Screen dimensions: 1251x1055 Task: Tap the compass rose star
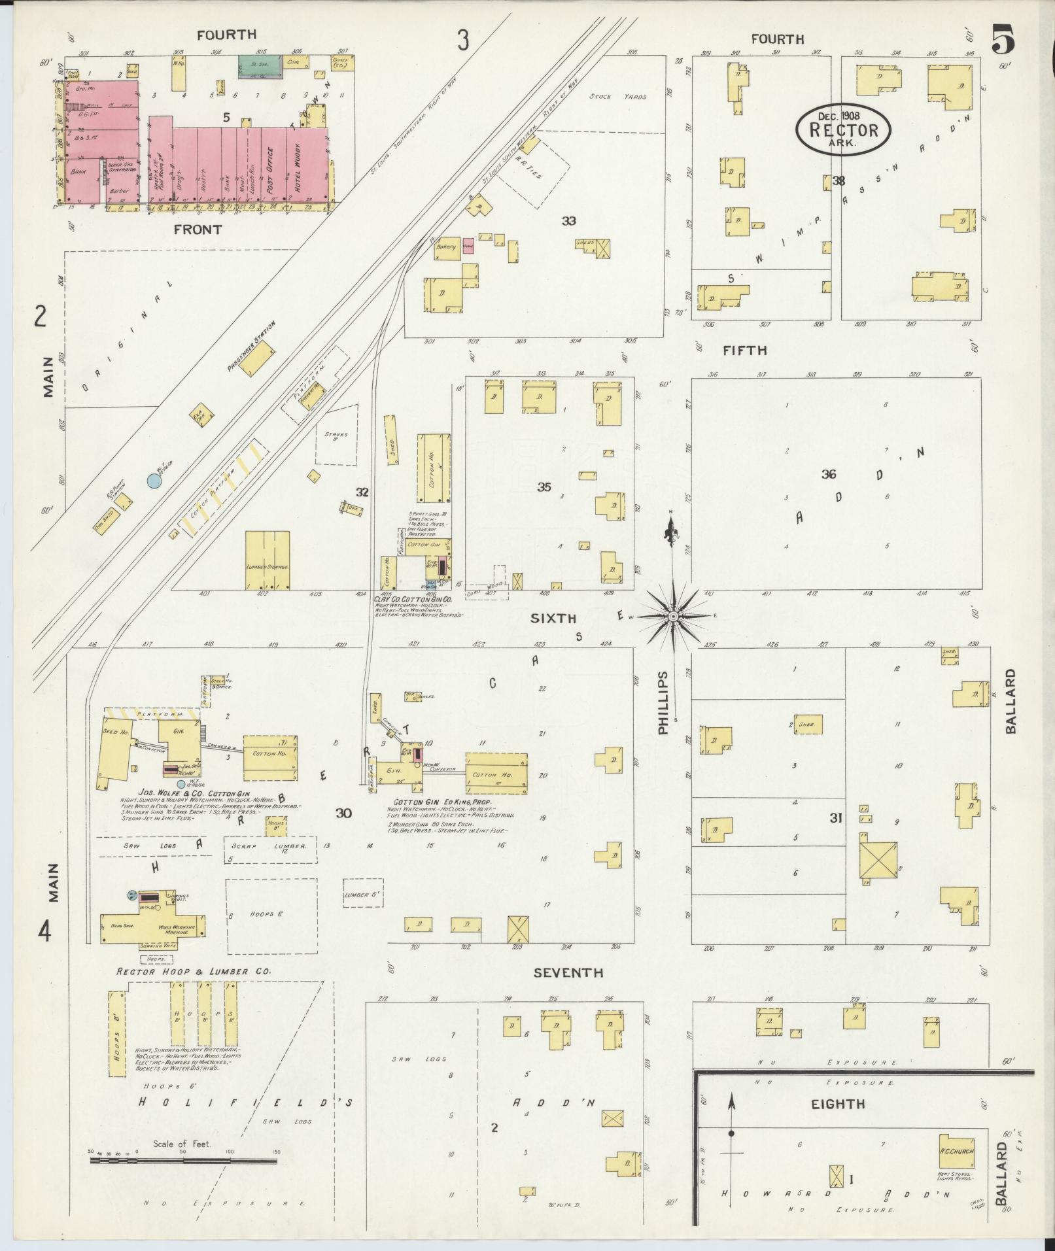click(673, 616)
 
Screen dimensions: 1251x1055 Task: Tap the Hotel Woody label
click(296, 167)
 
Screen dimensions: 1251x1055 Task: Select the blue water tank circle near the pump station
click(154, 481)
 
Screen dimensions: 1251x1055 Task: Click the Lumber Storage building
click(267, 559)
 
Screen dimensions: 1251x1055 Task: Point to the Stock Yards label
click(617, 97)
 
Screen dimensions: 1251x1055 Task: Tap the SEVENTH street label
click(567, 973)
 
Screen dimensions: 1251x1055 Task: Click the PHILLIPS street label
click(664, 702)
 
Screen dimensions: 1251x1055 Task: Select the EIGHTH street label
click(838, 1105)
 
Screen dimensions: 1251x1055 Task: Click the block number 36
click(829, 474)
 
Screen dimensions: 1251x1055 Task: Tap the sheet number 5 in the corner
click(1003, 41)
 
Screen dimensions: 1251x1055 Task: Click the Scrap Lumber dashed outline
click(271, 846)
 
